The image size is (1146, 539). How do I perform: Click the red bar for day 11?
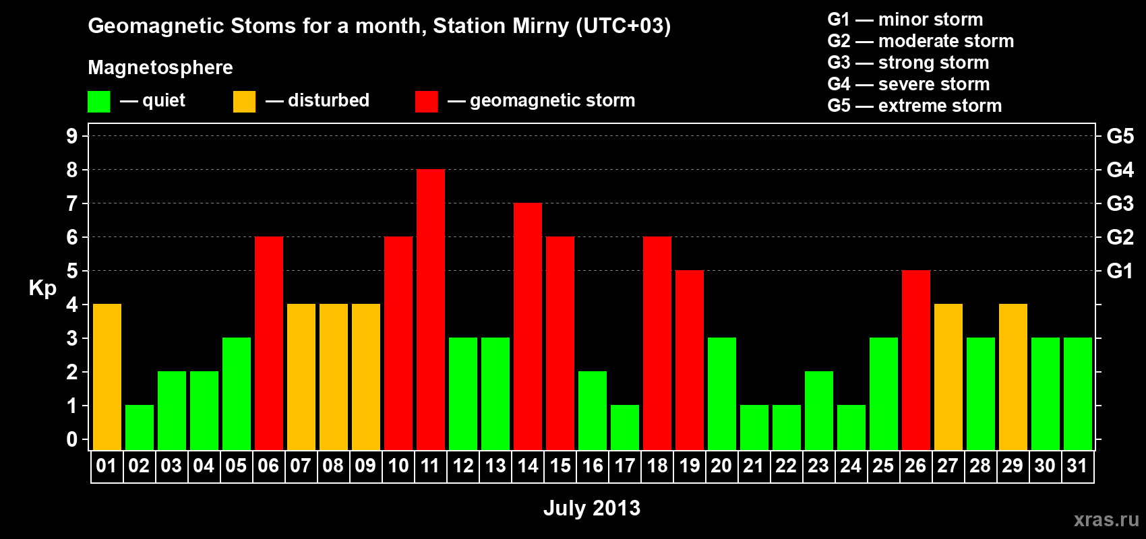point(430,309)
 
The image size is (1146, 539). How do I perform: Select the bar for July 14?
point(527,326)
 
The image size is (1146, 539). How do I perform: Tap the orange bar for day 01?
point(107,377)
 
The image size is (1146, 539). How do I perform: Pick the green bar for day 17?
point(625,428)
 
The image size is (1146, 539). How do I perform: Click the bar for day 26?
point(915,360)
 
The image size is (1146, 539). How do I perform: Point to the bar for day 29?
point(1013,377)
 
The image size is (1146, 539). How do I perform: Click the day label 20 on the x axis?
point(721,466)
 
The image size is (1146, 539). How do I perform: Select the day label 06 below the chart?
point(268,466)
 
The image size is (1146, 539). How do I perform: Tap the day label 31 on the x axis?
point(1077,466)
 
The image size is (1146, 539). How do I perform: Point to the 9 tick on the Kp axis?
point(71,136)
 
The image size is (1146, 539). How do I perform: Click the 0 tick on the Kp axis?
point(71,439)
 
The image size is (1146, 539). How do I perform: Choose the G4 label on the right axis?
point(1120,170)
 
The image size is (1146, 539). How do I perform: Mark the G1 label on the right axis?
point(1120,271)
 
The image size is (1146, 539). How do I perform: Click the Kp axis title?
point(42,288)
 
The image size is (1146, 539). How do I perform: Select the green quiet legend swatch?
point(98,101)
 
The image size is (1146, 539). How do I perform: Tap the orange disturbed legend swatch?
point(244,101)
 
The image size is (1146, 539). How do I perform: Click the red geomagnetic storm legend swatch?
point(426,101)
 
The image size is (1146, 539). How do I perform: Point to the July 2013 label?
point(592,508)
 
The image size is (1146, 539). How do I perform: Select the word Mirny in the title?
point(541,26)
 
